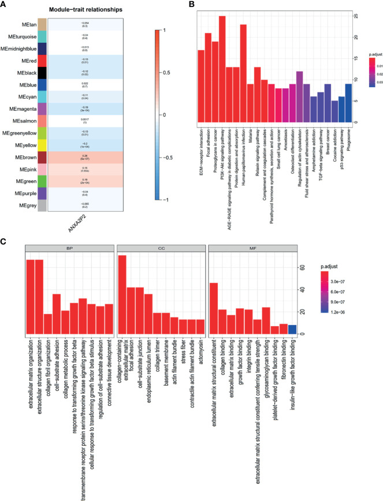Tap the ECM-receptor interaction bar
pos(201,86)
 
